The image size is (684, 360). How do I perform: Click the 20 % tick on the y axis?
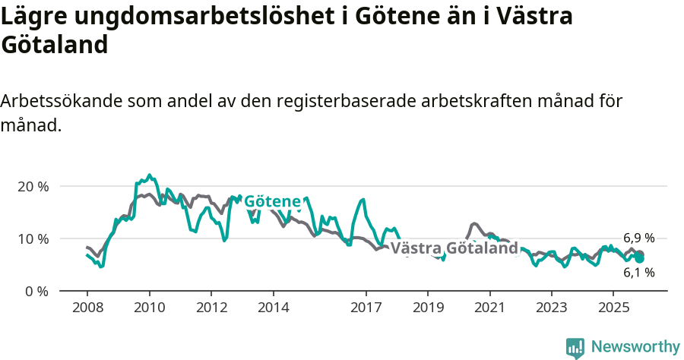point(32,186)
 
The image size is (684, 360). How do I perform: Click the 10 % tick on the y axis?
point(32,238)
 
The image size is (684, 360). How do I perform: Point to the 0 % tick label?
point(36,291)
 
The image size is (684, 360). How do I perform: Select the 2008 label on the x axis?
point(87,308)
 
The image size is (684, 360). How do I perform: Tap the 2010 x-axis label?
point(149,308)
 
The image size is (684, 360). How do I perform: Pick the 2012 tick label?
point(211,308)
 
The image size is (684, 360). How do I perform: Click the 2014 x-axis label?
point(273,308)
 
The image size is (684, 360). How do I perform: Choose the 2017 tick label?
point(366,308)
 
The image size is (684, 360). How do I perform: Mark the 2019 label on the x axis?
point(428,308)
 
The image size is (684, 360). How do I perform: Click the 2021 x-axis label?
point(489,308)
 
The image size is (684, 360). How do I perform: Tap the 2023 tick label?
point(552,308)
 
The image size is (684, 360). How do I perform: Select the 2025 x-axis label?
point(613,308)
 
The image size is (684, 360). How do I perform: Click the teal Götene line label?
point(272,201)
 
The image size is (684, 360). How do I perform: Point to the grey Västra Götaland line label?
point(454,248)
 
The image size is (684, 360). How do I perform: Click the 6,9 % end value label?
point(638,238)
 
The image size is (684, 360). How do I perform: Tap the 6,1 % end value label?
point(638,273)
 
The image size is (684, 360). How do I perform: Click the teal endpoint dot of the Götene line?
point(640,259)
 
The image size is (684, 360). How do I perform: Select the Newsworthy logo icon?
point(575,347)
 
